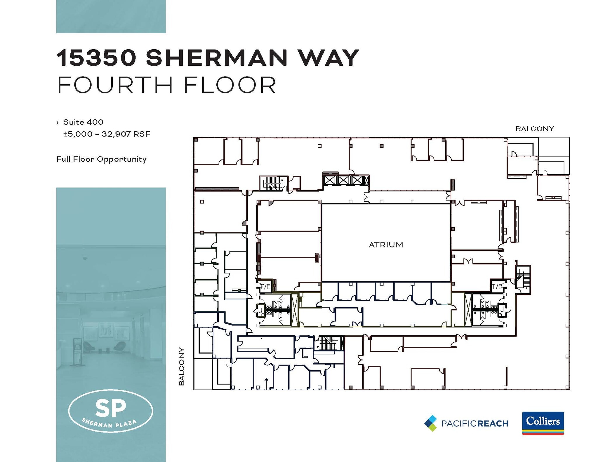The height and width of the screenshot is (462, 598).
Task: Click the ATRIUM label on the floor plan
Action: [x=386, y=245]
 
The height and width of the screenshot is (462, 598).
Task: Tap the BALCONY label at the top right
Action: [x=535, y=129]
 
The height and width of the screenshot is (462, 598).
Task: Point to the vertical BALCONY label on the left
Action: [x=182, y=366]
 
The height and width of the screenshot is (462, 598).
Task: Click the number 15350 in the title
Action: [x=96, y=58]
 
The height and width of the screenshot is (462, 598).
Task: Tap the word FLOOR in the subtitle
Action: [x=230, y=85]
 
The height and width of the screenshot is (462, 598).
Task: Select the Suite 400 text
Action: [x=83, y=122]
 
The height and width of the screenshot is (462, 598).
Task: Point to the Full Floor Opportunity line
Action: [x=101, y=159]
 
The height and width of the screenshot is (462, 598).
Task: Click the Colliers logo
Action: [x=543, y=423]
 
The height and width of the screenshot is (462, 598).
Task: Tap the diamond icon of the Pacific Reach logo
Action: [x=430, y=423]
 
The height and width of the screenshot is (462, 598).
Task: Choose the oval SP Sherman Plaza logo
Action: [x=110, y=411]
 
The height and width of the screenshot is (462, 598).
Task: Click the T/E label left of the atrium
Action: [x=265, y=286]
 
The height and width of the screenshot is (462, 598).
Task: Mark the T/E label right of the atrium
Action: [x=497, y=286]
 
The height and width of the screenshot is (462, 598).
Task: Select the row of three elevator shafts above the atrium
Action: [x=346, y=180]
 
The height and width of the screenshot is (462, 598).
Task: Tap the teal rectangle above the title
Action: [x=111, y=16]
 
